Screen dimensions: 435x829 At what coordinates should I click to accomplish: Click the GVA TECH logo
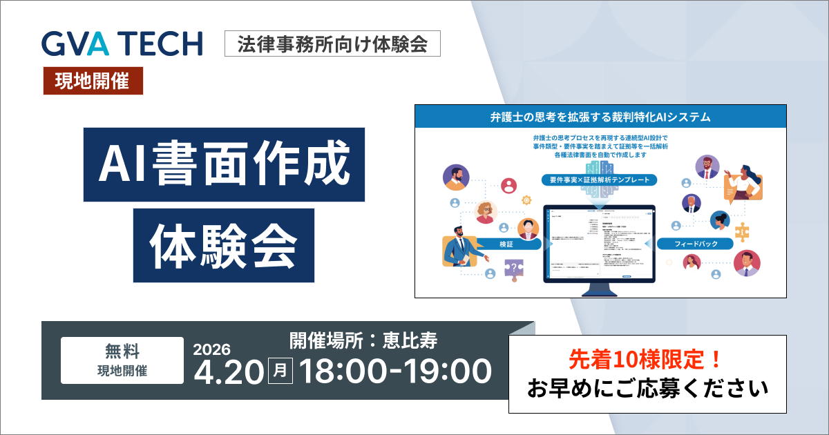(x=122, y=43)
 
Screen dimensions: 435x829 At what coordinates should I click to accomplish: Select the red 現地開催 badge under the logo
(x=93, y=81)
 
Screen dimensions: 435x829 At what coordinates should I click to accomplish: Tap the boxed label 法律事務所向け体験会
(x=332, y=44)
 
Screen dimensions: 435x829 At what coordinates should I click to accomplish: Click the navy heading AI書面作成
(x=224, y=164)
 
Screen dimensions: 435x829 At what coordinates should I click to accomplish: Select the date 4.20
(x=228, y=371)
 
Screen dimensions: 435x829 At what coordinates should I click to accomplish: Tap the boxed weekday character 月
(x=280, y=371)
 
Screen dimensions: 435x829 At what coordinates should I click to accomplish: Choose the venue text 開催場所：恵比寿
(x=363, y=340)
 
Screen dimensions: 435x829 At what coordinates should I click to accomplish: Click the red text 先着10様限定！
(x=647, y=359)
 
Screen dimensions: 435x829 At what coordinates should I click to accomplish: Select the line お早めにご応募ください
(x=647, y=389)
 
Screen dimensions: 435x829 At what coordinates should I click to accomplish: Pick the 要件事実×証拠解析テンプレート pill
(x=599, y=179)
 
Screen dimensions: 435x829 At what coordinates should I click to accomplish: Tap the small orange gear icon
(x=528, y=200)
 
